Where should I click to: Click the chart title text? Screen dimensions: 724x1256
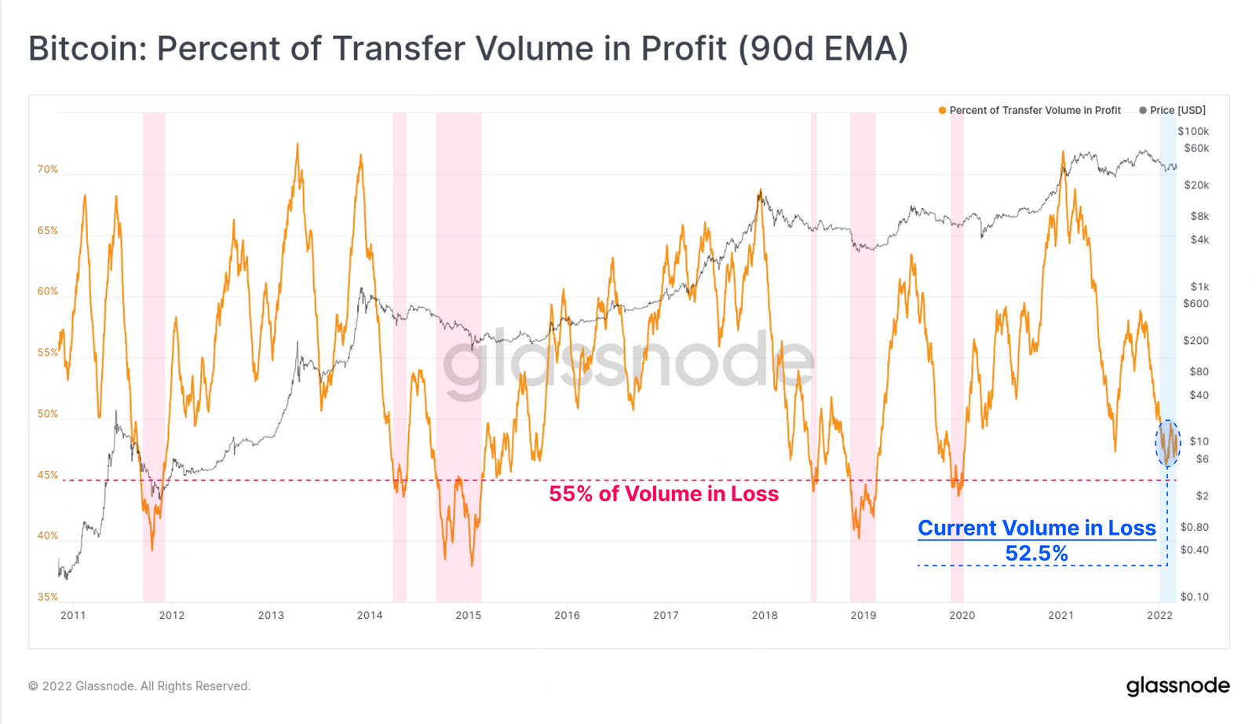coord(468,49)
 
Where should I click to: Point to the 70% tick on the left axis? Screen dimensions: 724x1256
coord(48,170)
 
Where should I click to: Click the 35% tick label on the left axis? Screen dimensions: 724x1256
coord(48,597)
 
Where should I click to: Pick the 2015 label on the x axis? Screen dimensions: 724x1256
coord(468,616)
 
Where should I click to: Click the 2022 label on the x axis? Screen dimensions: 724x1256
coord(1159,616)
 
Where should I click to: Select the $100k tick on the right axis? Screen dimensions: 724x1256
coord(1193,132)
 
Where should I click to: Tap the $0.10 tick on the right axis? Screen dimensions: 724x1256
coord(1194,597)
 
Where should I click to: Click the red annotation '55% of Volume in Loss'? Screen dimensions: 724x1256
coord(663,494)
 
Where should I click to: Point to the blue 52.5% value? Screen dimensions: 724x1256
coord(1036,554)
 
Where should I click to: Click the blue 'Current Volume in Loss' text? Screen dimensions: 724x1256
coord(1036,528)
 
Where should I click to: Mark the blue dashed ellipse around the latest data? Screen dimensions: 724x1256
coord(1167,444)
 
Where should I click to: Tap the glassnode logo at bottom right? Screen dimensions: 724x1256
coord(1177,686)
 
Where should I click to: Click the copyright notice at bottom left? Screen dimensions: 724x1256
coord(140,686)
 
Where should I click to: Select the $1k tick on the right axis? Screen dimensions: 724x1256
coord(1199,287)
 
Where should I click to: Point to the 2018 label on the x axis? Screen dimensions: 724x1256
coord(765,616)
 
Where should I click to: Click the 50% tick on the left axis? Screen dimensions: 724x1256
coord(48,414)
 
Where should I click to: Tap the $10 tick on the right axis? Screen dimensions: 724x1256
coord(1199,441)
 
